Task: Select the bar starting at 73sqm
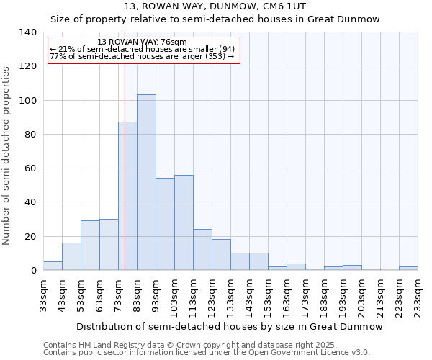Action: coord(127,196)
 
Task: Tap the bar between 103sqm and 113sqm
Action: coord(184,222)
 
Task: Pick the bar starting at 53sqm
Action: coord(90,246)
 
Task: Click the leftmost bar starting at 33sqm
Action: coord(53,266)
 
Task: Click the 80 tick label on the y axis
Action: coord(30,135)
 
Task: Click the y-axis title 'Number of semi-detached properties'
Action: coord(6,155)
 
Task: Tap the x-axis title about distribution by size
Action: coord(229,327)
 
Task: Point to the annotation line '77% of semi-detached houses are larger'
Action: coord(142,56)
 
